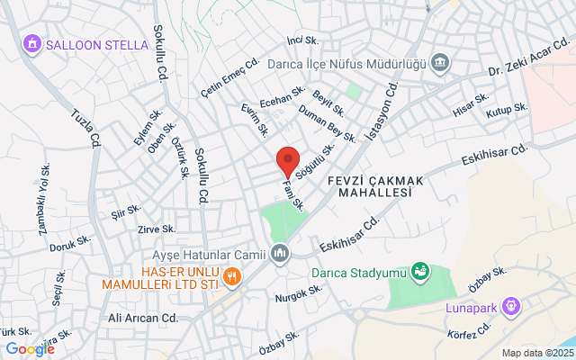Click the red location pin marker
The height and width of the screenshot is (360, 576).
287,161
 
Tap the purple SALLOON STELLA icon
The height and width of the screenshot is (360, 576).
32,43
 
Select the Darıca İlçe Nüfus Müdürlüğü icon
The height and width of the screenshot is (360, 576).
440,64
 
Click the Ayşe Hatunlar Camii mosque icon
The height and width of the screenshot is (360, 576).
279,255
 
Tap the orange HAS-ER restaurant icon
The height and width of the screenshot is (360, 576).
231,276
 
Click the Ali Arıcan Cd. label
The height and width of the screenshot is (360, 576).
143,318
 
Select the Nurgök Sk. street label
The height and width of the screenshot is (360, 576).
299,294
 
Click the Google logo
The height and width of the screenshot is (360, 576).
30,349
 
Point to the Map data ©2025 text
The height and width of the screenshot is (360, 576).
537,353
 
